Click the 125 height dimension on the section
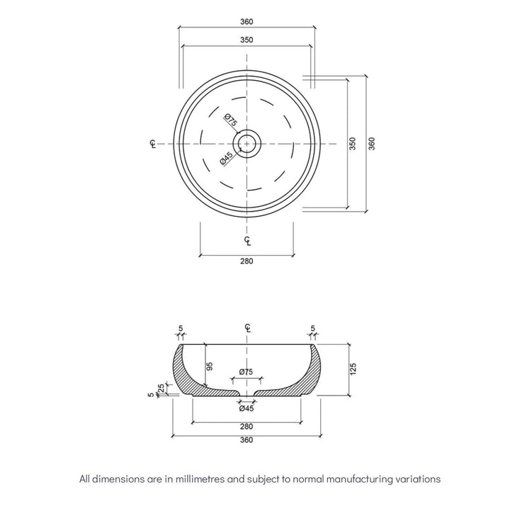353,369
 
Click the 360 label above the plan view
246,21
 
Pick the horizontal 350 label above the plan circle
246,40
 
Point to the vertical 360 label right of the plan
371,144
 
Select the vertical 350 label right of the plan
352,144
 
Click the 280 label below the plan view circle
246,261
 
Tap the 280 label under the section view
246,426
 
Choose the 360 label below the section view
246,440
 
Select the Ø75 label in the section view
246,372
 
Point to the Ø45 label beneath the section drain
246,408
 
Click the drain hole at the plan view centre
246,144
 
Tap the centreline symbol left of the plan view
153,144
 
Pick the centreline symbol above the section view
246,327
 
